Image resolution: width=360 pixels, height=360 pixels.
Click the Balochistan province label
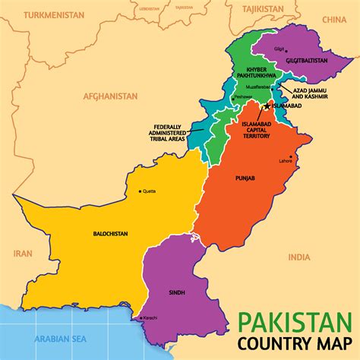coord(109,234)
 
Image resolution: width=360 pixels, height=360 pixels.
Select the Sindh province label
coord(176,291)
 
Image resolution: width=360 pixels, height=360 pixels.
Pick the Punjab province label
coord(245,178)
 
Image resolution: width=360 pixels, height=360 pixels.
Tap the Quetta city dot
coord(141,191)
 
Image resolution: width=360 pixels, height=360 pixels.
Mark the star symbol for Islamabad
coord(266,106)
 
